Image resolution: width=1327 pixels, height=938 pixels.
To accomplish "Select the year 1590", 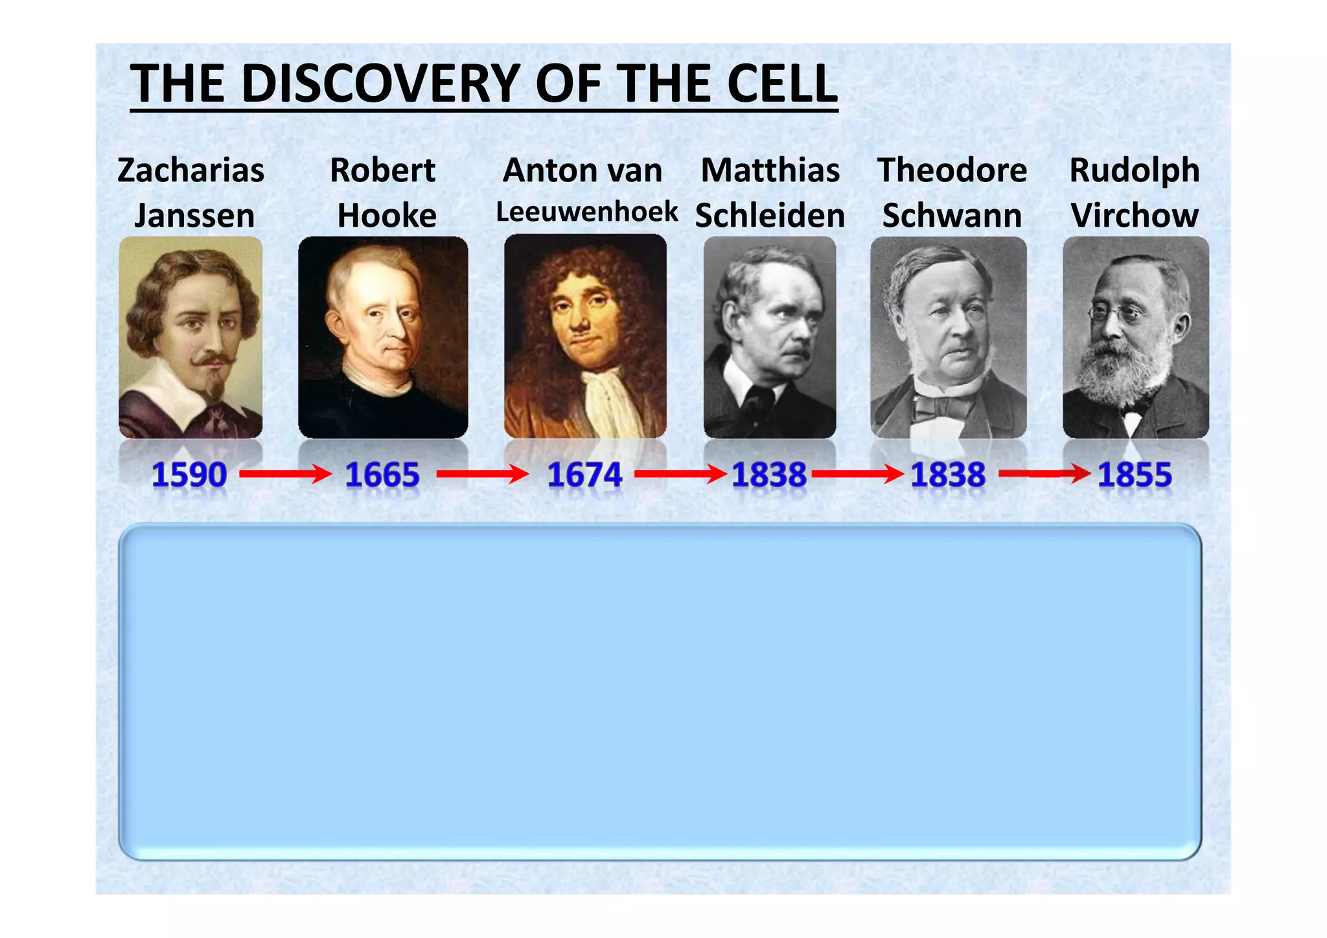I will point(189,475).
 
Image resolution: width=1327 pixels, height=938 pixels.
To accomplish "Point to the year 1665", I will point(382,475).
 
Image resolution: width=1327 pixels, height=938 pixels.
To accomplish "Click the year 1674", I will point(584,475).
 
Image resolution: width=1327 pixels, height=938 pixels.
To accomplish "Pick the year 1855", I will point(1135,475).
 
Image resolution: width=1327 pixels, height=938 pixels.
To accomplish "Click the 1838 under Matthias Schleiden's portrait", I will point(769,475).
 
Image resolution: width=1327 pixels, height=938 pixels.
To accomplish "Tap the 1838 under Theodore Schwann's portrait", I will point(948,475).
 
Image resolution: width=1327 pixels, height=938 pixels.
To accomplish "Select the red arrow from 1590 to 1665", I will point(285,474).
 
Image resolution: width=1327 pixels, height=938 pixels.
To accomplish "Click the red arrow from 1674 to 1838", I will point(680,474).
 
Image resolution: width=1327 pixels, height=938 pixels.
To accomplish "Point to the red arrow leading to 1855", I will point(1044,474).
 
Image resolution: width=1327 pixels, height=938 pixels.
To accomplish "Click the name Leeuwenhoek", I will point(587,212).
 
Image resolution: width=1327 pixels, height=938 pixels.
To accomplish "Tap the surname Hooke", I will point(387,216).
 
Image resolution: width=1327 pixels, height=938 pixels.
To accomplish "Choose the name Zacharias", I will point(191,170).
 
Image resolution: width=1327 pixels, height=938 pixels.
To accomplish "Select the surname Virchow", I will point(1135,216).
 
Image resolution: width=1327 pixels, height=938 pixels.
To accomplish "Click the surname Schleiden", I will point(770,216).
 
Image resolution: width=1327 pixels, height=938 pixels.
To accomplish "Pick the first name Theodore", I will point(952,170).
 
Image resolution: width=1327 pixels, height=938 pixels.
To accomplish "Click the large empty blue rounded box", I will point(660,691).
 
